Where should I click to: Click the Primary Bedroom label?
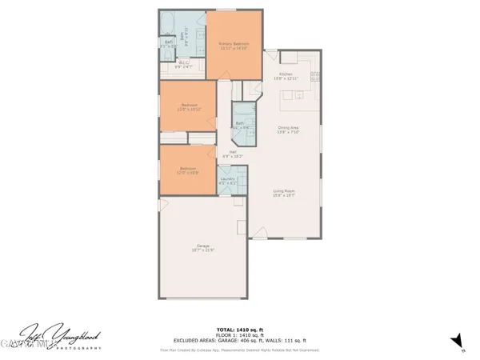click(234, 46)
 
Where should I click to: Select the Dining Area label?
click(288, 130)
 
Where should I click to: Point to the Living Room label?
click(285, 193)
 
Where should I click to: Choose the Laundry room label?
click(227, 181)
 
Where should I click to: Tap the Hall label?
click(233, 153)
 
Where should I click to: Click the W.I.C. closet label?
click(183, 65)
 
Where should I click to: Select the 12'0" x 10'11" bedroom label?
click(190, 107)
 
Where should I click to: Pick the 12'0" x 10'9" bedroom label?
click(188, 170)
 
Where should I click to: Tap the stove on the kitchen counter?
click(315, 78)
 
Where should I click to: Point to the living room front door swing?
click(262, 233)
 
